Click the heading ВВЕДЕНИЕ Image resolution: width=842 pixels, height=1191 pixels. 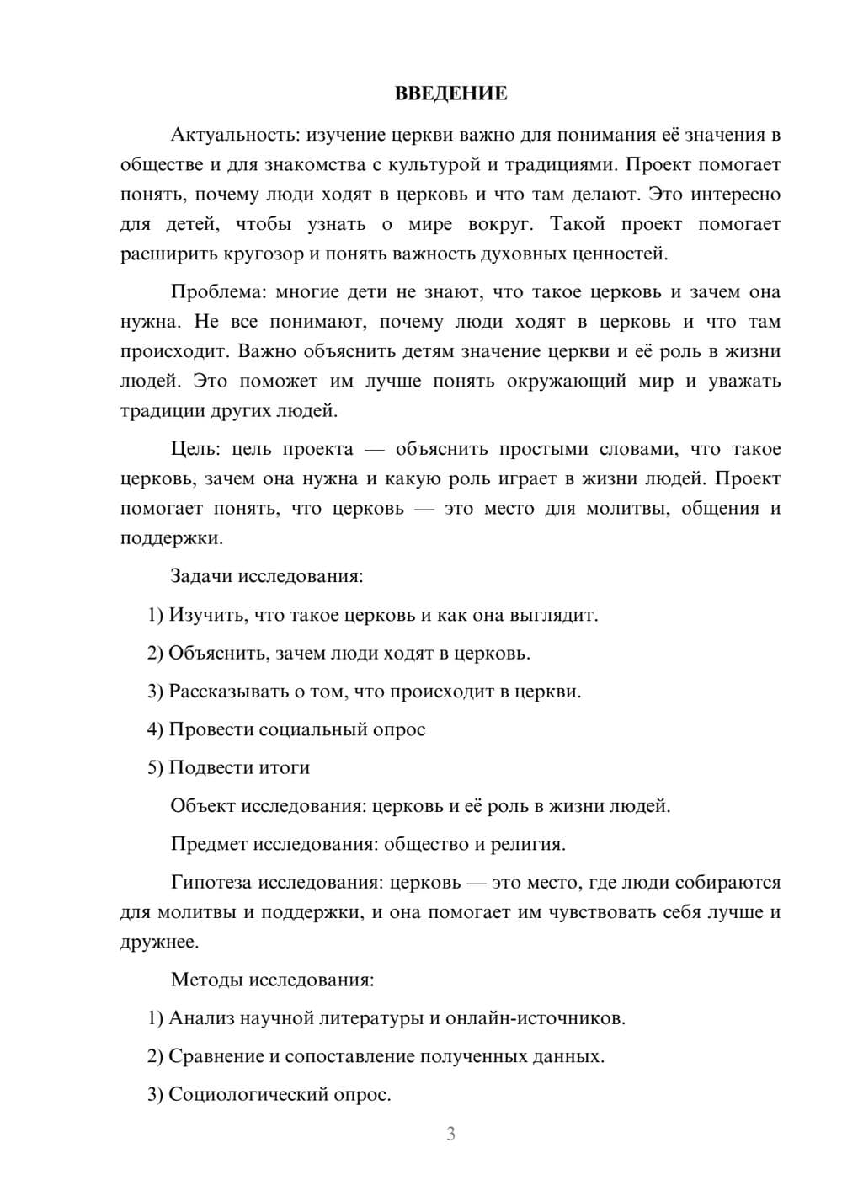point(450,93)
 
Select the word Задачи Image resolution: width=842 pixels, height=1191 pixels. point(201,576)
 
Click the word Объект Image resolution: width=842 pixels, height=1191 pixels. point(203,806)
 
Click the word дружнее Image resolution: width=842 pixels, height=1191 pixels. point(159,942)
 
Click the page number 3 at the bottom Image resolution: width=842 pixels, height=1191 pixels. point(450,1134)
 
